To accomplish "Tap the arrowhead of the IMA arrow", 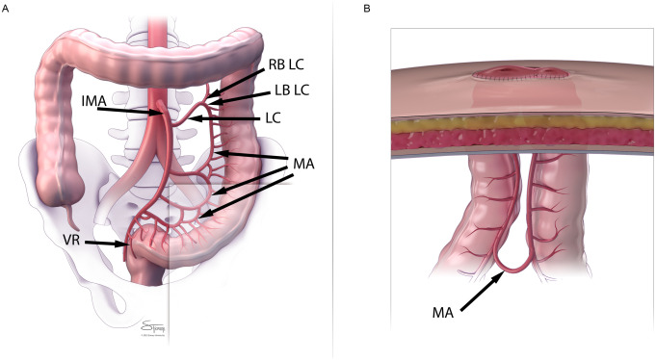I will pyautogui.click(x=163, y=115).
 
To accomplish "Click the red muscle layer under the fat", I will pyautogui.click(x=520, y=140).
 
